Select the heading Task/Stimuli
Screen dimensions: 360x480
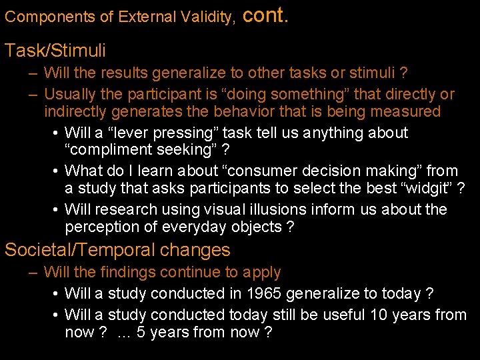tap(55, 50)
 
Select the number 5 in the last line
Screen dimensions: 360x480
tap(141, 332)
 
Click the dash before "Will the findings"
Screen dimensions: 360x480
tap(32, 272)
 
